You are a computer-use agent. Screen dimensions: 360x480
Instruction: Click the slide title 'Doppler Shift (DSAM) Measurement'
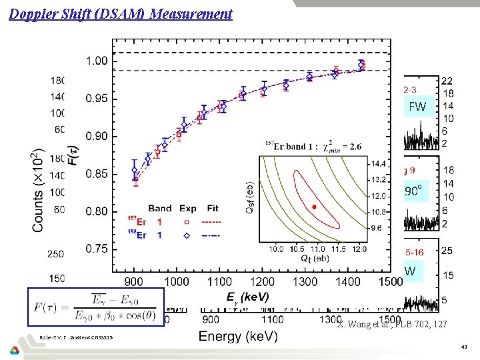(x=121, y=13)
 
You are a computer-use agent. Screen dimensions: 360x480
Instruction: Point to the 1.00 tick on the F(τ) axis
(x=96, y=61)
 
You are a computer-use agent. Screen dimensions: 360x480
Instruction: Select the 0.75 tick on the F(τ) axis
(x=96, y=248)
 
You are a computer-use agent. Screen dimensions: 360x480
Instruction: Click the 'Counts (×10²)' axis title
(x=39, y=177)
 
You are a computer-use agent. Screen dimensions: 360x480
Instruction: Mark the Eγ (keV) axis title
(x=247, y=298)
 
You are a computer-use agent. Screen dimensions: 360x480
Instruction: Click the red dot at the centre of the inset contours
(x=315, y=207)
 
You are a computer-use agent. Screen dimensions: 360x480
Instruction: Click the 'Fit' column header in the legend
(x=213, y=208)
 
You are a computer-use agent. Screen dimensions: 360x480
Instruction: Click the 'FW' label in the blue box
(x=417, y=107)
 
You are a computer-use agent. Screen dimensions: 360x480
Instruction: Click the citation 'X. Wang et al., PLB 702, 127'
(x=387, y=324)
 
